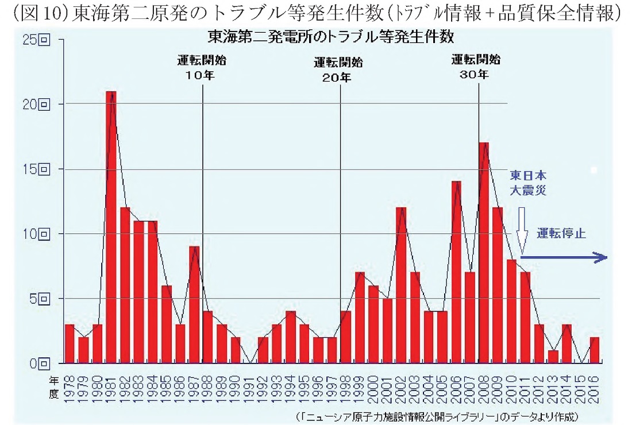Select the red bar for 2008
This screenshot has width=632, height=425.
[484, 253]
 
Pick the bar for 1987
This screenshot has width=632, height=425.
[194, 304]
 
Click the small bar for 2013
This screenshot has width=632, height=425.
[553, 357]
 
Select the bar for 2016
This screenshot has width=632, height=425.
[594, 350]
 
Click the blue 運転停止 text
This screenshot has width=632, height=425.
[560, 234]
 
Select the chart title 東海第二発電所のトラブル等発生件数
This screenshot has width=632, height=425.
[331, 38]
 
